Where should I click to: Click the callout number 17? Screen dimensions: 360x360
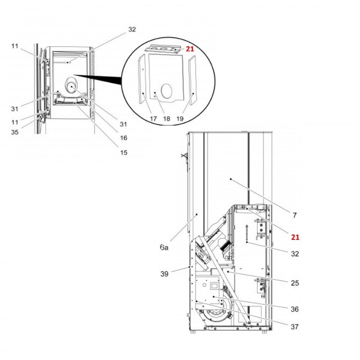153,119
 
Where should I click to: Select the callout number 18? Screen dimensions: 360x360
166,119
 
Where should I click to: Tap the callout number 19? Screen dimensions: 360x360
180,119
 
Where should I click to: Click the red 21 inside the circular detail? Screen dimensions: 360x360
190,49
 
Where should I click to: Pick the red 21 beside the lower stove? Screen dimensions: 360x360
295,237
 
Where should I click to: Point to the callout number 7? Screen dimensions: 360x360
295,216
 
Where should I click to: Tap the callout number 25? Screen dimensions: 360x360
295,283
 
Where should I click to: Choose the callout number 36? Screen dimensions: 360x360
295,309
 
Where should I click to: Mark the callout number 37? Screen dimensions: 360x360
295,327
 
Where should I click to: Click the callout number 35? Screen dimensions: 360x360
15,132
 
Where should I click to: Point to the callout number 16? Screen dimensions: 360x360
124,138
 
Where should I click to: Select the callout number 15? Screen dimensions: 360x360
124,153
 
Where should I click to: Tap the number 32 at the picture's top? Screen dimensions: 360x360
131,30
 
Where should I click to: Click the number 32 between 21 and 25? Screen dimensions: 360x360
295,254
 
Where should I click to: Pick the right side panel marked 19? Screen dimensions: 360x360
193,81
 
